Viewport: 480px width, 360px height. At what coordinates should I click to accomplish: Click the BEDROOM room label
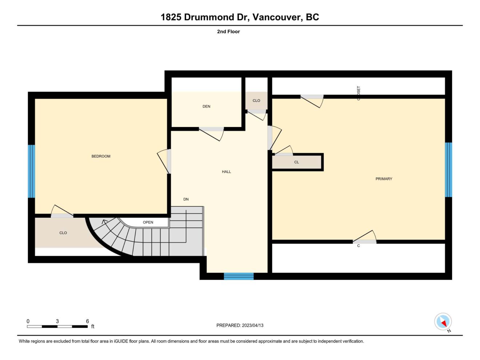(x=101, y=156)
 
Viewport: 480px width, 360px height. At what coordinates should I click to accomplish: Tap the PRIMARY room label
(x=384, y=179)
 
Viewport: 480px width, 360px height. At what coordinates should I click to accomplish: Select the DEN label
(x=207, y=107)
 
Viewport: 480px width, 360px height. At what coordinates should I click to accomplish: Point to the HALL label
(x=226, y=172)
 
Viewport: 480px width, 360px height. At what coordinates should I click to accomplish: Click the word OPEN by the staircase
(x=148, y=222)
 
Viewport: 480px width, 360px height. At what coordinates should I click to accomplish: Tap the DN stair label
(x=186, y=199)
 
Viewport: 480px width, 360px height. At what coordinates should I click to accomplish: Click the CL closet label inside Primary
(x=296, y=162)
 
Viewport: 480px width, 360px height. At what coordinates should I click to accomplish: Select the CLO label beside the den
(x=256, y=101)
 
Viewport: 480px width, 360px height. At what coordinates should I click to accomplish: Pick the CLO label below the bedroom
(x=63, y=233)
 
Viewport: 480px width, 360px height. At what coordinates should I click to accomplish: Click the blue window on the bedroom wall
(x=32, y=171)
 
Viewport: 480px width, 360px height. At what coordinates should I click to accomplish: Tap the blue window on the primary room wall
(x=448, y=169)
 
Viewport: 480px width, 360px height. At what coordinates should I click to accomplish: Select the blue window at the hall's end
(x=239, y=276)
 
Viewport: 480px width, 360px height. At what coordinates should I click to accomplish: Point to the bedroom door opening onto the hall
(x=164, y=161)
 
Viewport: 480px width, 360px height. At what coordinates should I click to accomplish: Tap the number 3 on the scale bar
(x=57, y=321)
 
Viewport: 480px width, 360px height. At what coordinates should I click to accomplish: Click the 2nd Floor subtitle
(x=228, y=32)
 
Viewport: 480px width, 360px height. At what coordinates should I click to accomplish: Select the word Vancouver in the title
(x=278, y=17)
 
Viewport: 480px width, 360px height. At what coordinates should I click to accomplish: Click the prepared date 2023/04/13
(x=253, y=325)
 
